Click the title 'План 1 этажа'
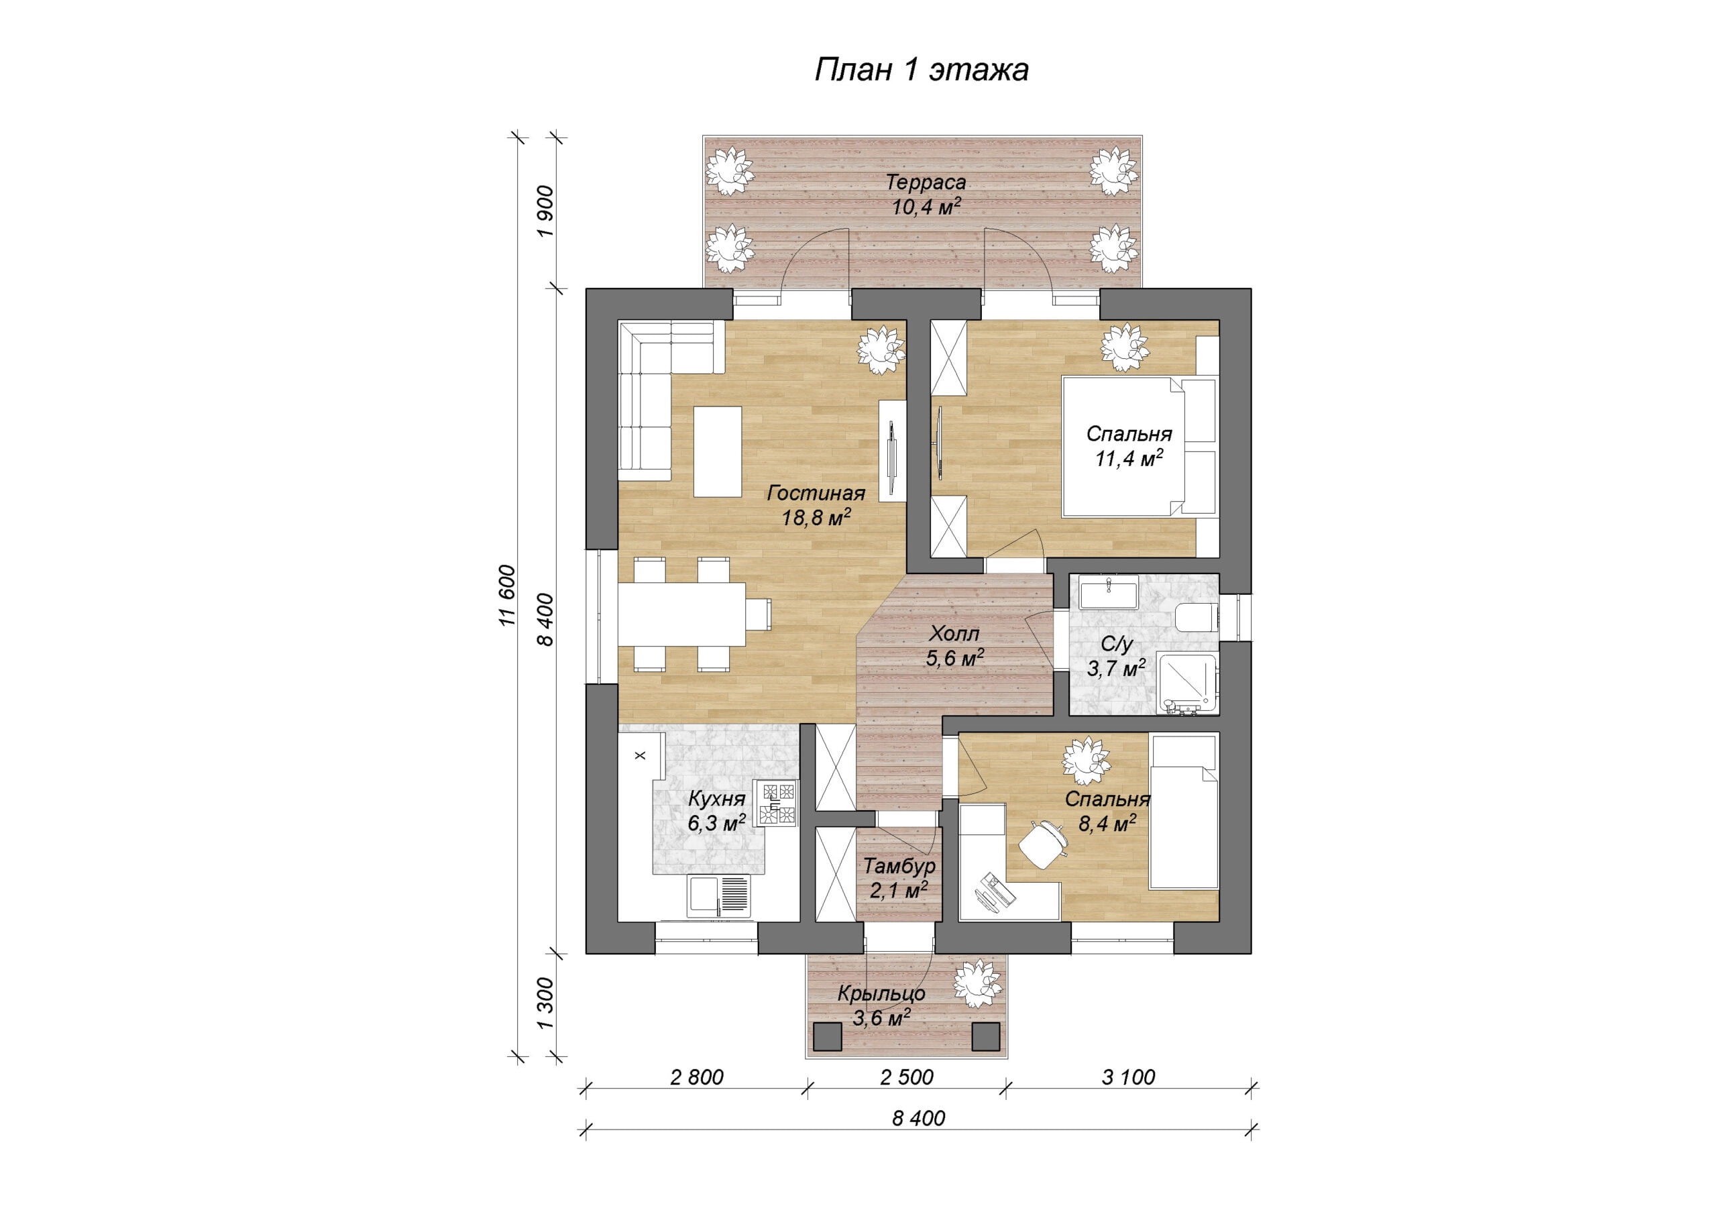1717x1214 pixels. pos(922,70)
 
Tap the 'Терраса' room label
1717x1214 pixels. pos(926,182)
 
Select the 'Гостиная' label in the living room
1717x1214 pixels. pos(816,493)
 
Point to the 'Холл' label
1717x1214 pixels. pos(954,634)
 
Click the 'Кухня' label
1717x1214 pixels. pos(716,798)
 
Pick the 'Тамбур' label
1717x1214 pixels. pos(899,865)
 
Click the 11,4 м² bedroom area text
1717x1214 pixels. pos(1129,458)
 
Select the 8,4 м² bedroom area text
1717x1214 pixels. pos(1107,824)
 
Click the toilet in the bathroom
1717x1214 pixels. pos(1197,618)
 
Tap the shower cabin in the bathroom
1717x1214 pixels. pos(1188,683)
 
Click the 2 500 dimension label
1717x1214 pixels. pos(907,1077)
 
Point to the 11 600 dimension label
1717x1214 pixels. pos(508,596)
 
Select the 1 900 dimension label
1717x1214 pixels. pos(546,211)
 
